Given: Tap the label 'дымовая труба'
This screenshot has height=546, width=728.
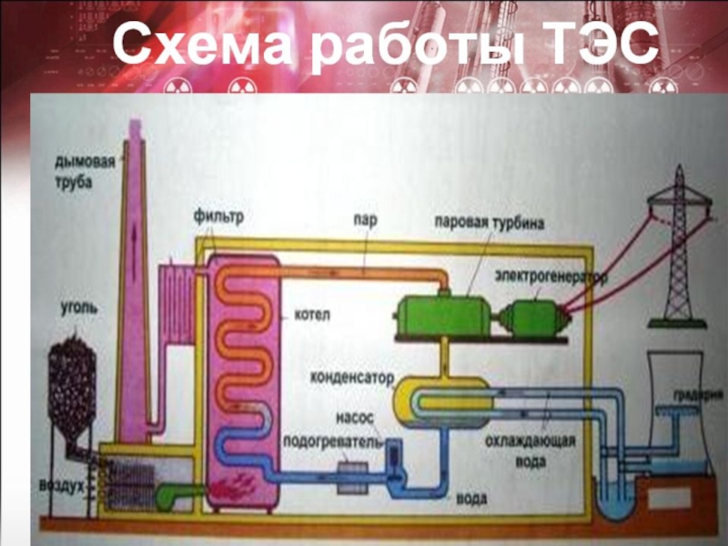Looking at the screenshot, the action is tap(84, 170).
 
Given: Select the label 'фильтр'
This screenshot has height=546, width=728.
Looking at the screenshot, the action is tap(218, 219).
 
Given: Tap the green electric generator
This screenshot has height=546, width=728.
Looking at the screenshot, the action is tap(535, 317).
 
